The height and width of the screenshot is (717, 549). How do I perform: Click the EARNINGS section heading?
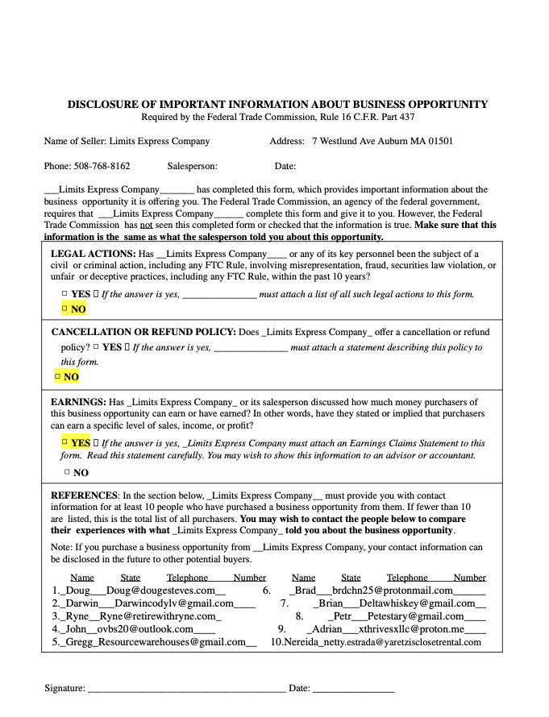point(77,401)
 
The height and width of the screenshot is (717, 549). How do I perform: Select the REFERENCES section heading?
point(85,495)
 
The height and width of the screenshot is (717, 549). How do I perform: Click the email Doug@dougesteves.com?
point(160,590)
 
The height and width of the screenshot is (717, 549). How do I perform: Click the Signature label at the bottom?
point(64,688)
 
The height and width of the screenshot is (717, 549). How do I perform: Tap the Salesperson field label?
point(192,166)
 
